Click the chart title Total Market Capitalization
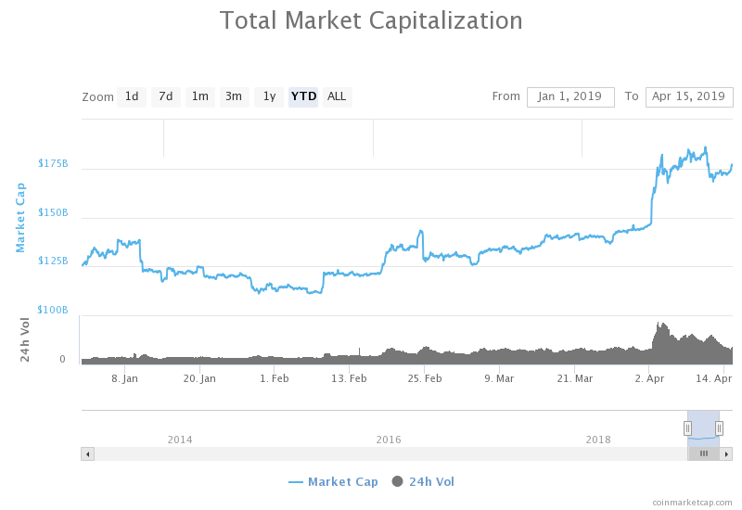(371, 20)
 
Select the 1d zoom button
(132, 96)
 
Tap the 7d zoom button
(165, 96)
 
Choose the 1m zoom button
(199, 96)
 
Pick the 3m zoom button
(234, 96)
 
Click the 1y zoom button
(269, 96)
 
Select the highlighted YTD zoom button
(303, 96)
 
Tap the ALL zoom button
(337, 96)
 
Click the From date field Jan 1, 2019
(570, 96)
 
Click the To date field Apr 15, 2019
(688, 96)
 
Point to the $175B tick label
(53, 163)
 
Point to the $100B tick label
(53, 309)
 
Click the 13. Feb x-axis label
(349, 378)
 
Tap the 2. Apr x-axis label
(649, 378)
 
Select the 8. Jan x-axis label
(124, 378)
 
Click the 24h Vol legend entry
(423, 481)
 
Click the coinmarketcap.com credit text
(692, 502)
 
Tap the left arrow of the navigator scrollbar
(87, 453)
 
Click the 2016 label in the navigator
(389, 439)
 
